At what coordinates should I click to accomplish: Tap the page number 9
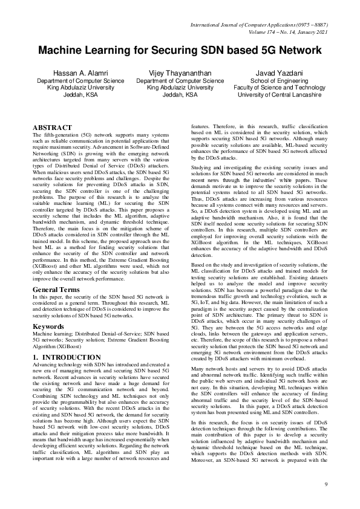click(326, 485)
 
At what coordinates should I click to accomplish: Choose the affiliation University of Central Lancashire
click(277, 95)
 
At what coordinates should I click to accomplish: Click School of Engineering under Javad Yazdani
click(277, 80)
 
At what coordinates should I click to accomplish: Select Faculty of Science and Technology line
click(277, 88)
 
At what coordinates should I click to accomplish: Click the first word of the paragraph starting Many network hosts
click(198, 351)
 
